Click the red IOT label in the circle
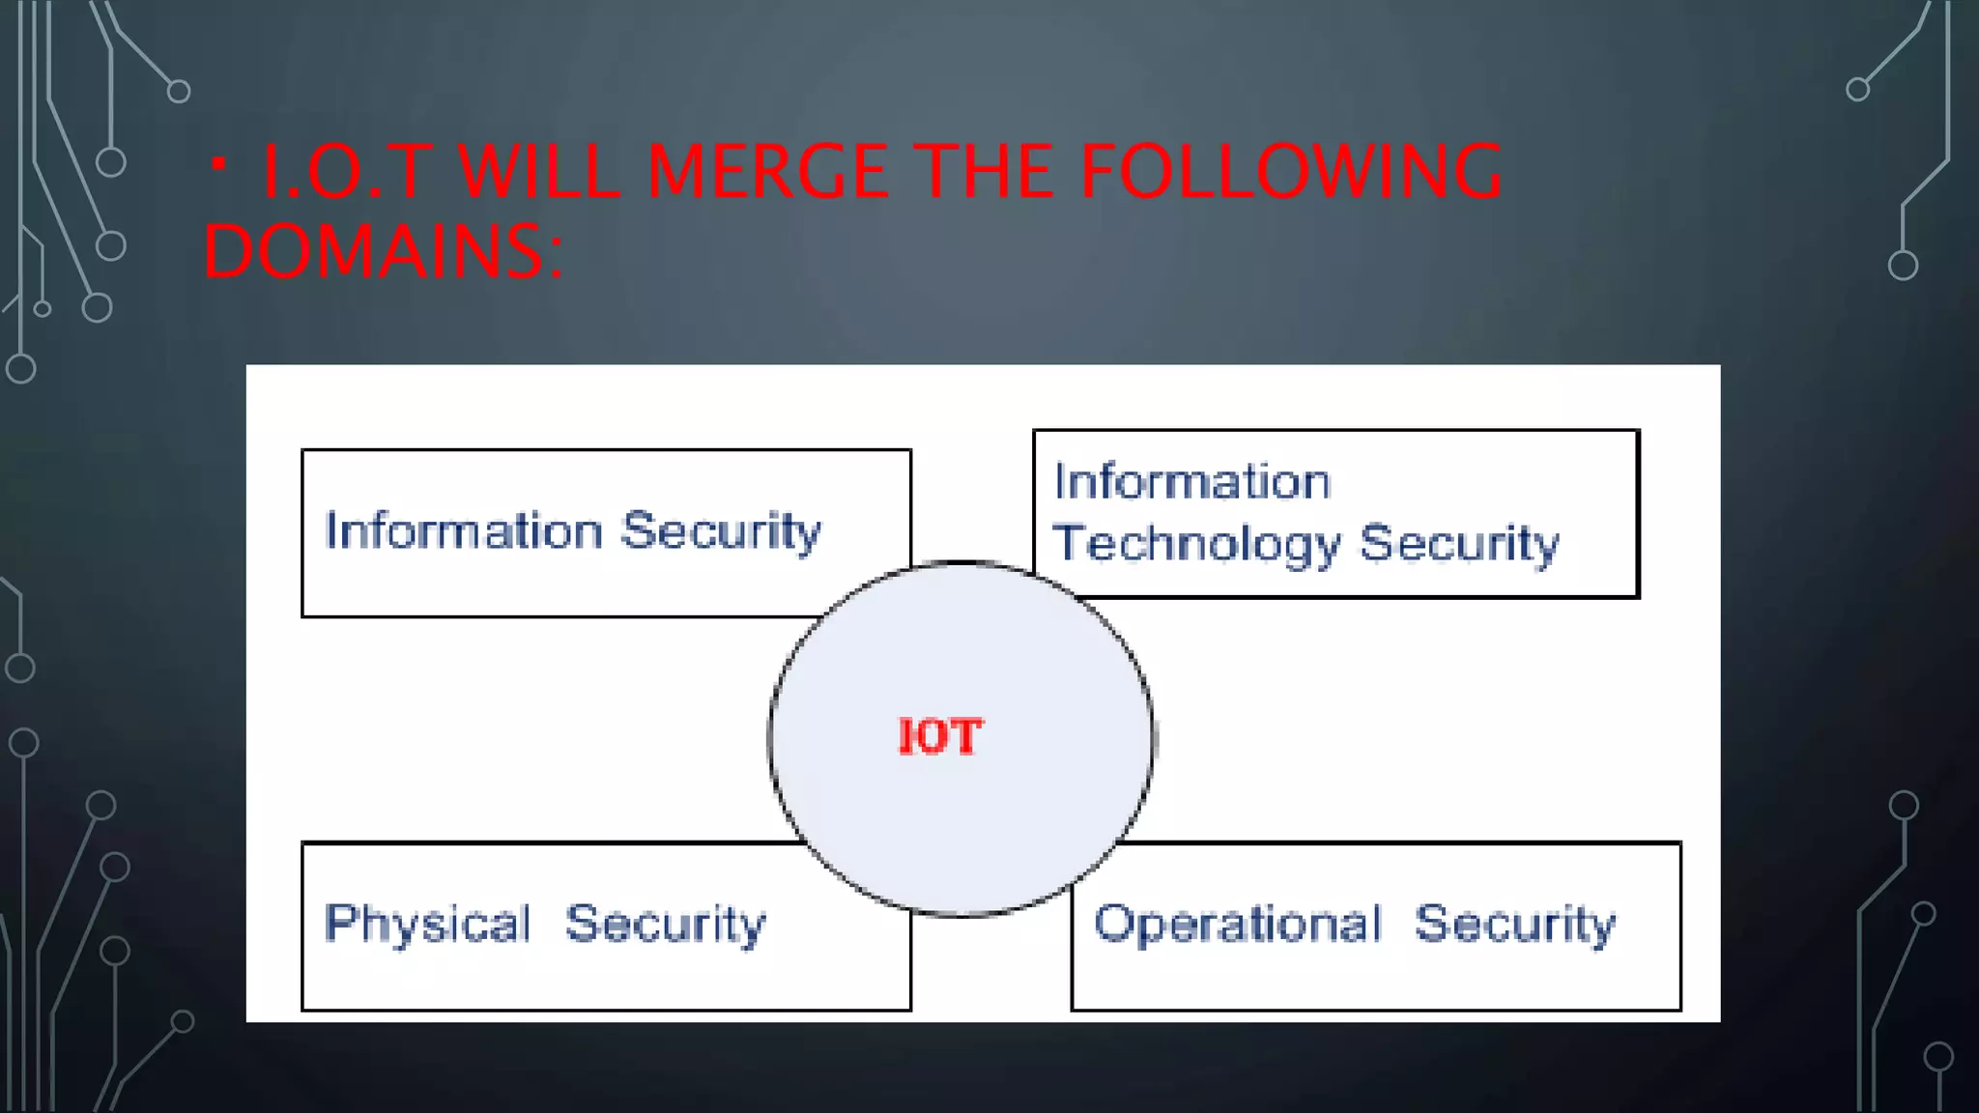click(x=939, y=737)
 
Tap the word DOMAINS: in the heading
click(x=383, y=251)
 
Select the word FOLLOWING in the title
click(x=1290, y=172)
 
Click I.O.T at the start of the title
click(x=344, y=172)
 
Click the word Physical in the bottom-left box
click(x=427, y=924)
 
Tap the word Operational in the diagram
click(x=1238, y=924)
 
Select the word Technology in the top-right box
click(x=1196, y=544)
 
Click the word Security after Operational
click(x=1514, y=924)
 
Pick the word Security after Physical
click(x=665, y=924)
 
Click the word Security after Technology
click(x=1459, y=544)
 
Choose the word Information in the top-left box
click(x=464, y=530)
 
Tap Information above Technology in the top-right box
click(x=1191, y=481)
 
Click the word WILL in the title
click(x=537, y=172)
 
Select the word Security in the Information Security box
click(x=720, y=530)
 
